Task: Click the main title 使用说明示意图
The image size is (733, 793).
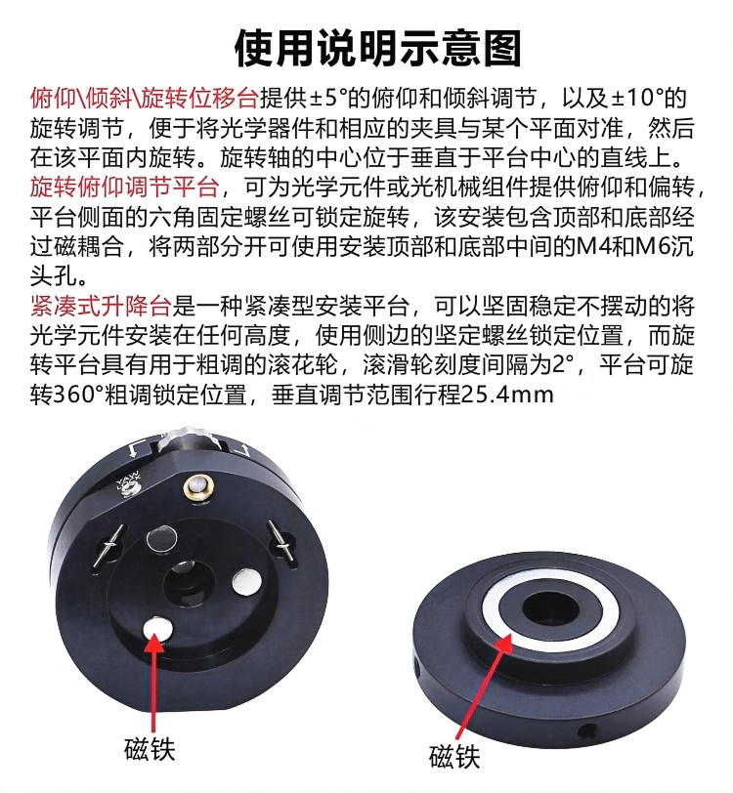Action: [377, 49]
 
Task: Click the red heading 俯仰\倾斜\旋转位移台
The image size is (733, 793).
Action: [144, 98]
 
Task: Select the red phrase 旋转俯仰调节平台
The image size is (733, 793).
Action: [124, 188]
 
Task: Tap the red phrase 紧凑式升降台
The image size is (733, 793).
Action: [101, 306]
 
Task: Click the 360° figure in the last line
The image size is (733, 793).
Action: [78, 395]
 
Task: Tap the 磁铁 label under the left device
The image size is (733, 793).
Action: [150, 749]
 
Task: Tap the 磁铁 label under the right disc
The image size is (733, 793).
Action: [454, 757]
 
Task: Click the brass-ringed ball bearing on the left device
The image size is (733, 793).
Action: [199, 486]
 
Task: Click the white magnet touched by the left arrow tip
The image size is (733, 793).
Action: [157, 629]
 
